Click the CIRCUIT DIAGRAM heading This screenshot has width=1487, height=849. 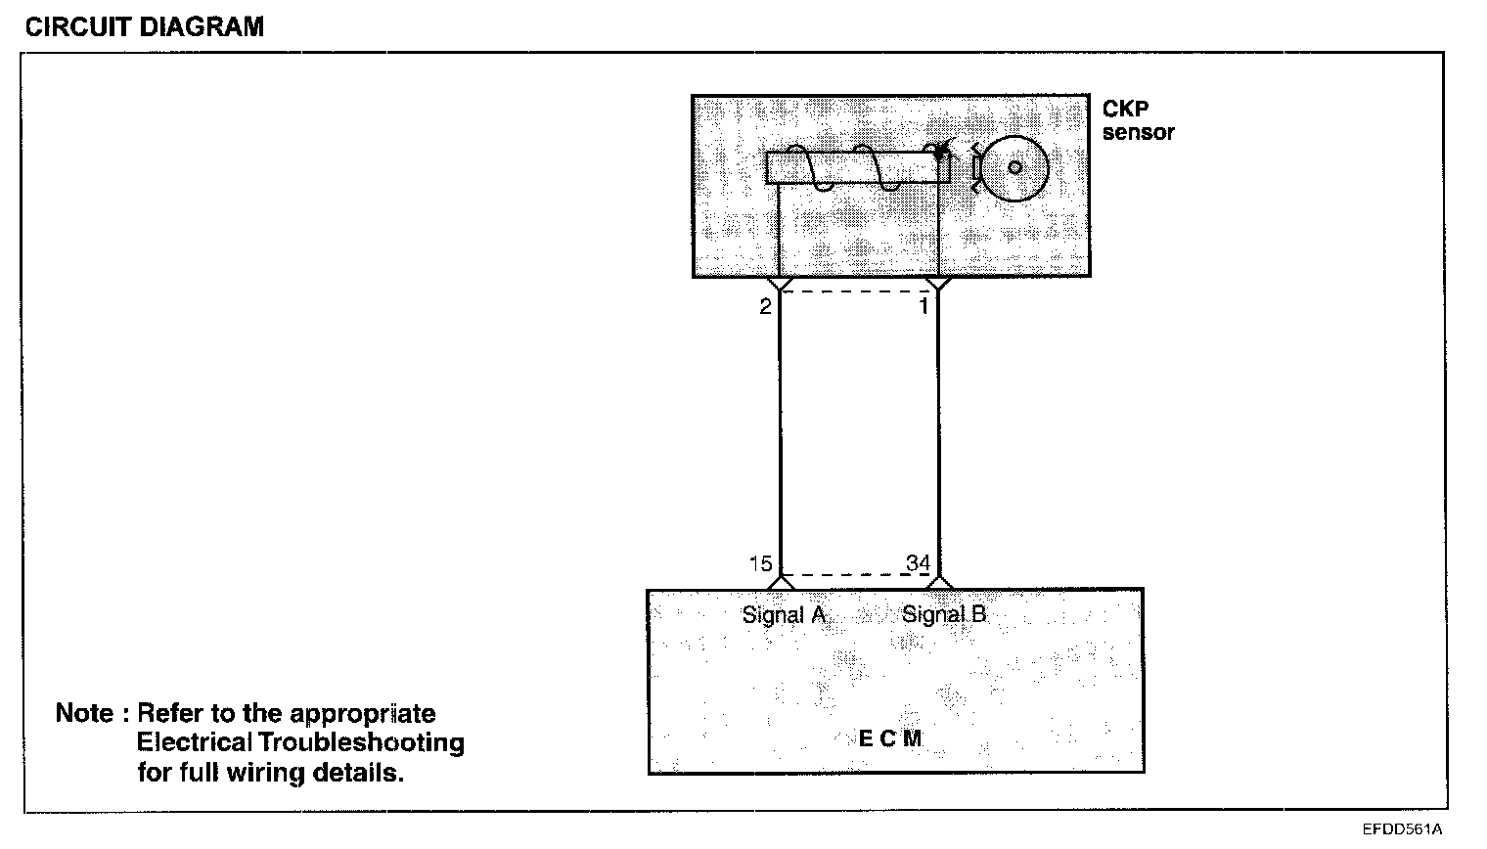(x=144, y=26)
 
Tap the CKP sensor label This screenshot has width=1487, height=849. (x=1138, y=121)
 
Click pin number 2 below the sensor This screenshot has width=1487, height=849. (x=765, y=307)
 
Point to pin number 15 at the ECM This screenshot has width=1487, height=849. (x=760, y=563)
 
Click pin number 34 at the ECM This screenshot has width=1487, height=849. (x=918, y=563)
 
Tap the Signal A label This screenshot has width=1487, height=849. (x=784, y=615)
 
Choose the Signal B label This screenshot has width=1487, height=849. (x=944, y=615)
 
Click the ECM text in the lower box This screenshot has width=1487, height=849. (x=889, y=738)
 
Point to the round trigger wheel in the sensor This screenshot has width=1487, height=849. (x=1015, y=168)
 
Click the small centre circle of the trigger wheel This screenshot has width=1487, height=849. (x=1015, y=167)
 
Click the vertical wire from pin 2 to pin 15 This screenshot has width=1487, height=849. (x=780, y=430)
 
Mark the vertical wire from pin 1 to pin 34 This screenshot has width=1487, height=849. (x=938, y=430)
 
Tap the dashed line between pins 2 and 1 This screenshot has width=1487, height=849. (x=858, y=290)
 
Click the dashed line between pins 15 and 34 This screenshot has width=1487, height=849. (x=858, y=575)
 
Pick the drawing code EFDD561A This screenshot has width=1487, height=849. (x=1402, y=829)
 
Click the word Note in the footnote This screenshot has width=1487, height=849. (x=84, y=713)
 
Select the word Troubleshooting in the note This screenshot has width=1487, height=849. (x=360, y=742)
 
